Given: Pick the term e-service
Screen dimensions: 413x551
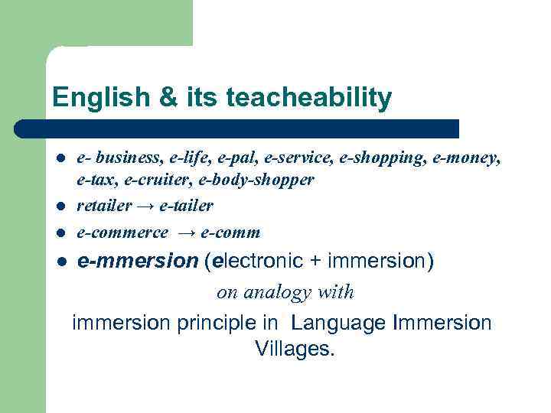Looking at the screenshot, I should [x=292, y=158].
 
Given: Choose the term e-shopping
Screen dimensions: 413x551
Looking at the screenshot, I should [x=367, y=158].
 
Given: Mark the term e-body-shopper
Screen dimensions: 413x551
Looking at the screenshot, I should [x=256, y=180].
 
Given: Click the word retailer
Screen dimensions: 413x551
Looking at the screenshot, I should [x=102, y=206].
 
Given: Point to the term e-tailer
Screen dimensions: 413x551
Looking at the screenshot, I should [x=187, y=206].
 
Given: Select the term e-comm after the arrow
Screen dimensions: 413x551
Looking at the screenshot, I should [x=230, y=232].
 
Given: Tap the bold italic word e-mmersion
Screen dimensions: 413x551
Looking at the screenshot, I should [x=138, y=262].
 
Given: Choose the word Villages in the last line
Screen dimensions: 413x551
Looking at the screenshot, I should [x=295, y=350].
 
